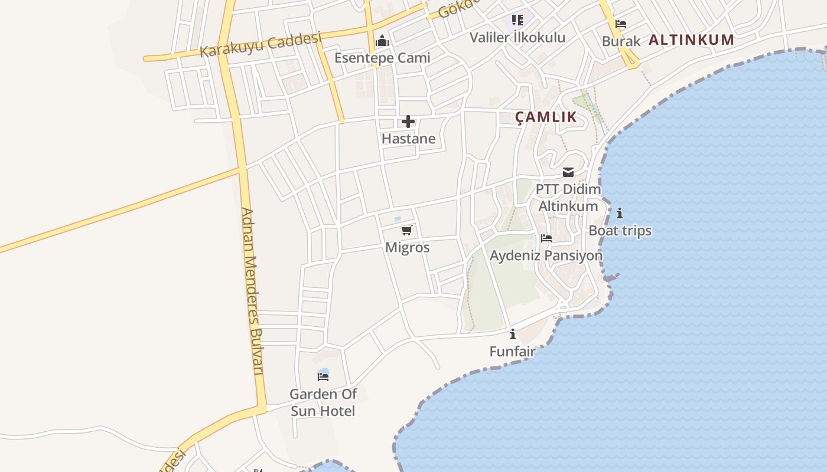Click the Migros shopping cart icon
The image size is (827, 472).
406,230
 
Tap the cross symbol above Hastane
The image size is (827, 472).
408,122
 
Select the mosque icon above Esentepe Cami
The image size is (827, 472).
382,41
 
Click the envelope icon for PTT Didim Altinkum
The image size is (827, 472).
568,172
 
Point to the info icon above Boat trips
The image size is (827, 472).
620,213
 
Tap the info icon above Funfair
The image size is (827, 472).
513,334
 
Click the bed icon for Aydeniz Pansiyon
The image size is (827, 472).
546,238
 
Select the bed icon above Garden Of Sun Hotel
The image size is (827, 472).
323,376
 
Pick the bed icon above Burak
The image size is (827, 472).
621,24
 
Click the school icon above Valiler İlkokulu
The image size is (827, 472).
517,21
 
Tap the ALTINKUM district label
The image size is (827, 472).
691,40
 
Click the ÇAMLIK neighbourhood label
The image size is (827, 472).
546,117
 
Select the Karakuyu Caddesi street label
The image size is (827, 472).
260,45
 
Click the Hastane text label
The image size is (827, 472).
408,139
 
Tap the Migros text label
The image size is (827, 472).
407,247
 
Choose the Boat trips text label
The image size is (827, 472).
620,230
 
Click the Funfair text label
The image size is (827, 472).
512,351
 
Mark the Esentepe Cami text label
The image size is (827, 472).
382,58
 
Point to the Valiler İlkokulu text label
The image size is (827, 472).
517,37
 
